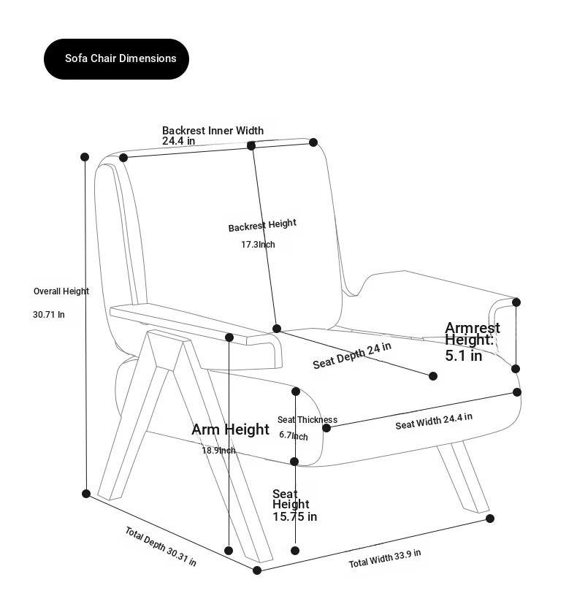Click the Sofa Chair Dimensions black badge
click(x=116, y=58)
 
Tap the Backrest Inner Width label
click(x=213, y=131)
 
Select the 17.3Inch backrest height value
click(x=258, y=244)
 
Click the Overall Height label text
click(x=61, y=291)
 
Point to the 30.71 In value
click(x=49, y=315)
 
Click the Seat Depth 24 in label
click(x=352, y=356)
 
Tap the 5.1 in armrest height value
click(x=464, y=356)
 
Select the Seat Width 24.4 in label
click(x=434, y=421)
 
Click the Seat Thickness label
click(x=307, y=420)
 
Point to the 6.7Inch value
click(x=294, y=435)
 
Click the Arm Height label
click(x=230, y=429)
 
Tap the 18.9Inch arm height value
click(x=218, y=451)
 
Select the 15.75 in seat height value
click(x=295, y=517)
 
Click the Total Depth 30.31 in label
click(x=161, y=546)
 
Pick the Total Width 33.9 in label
click(x=384, y=559)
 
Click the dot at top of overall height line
click(x=85, y=157)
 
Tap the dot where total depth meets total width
click(x=257, y=570)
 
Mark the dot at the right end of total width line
click(x=490, y=519)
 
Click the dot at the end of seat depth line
click(x=433, y=376)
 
